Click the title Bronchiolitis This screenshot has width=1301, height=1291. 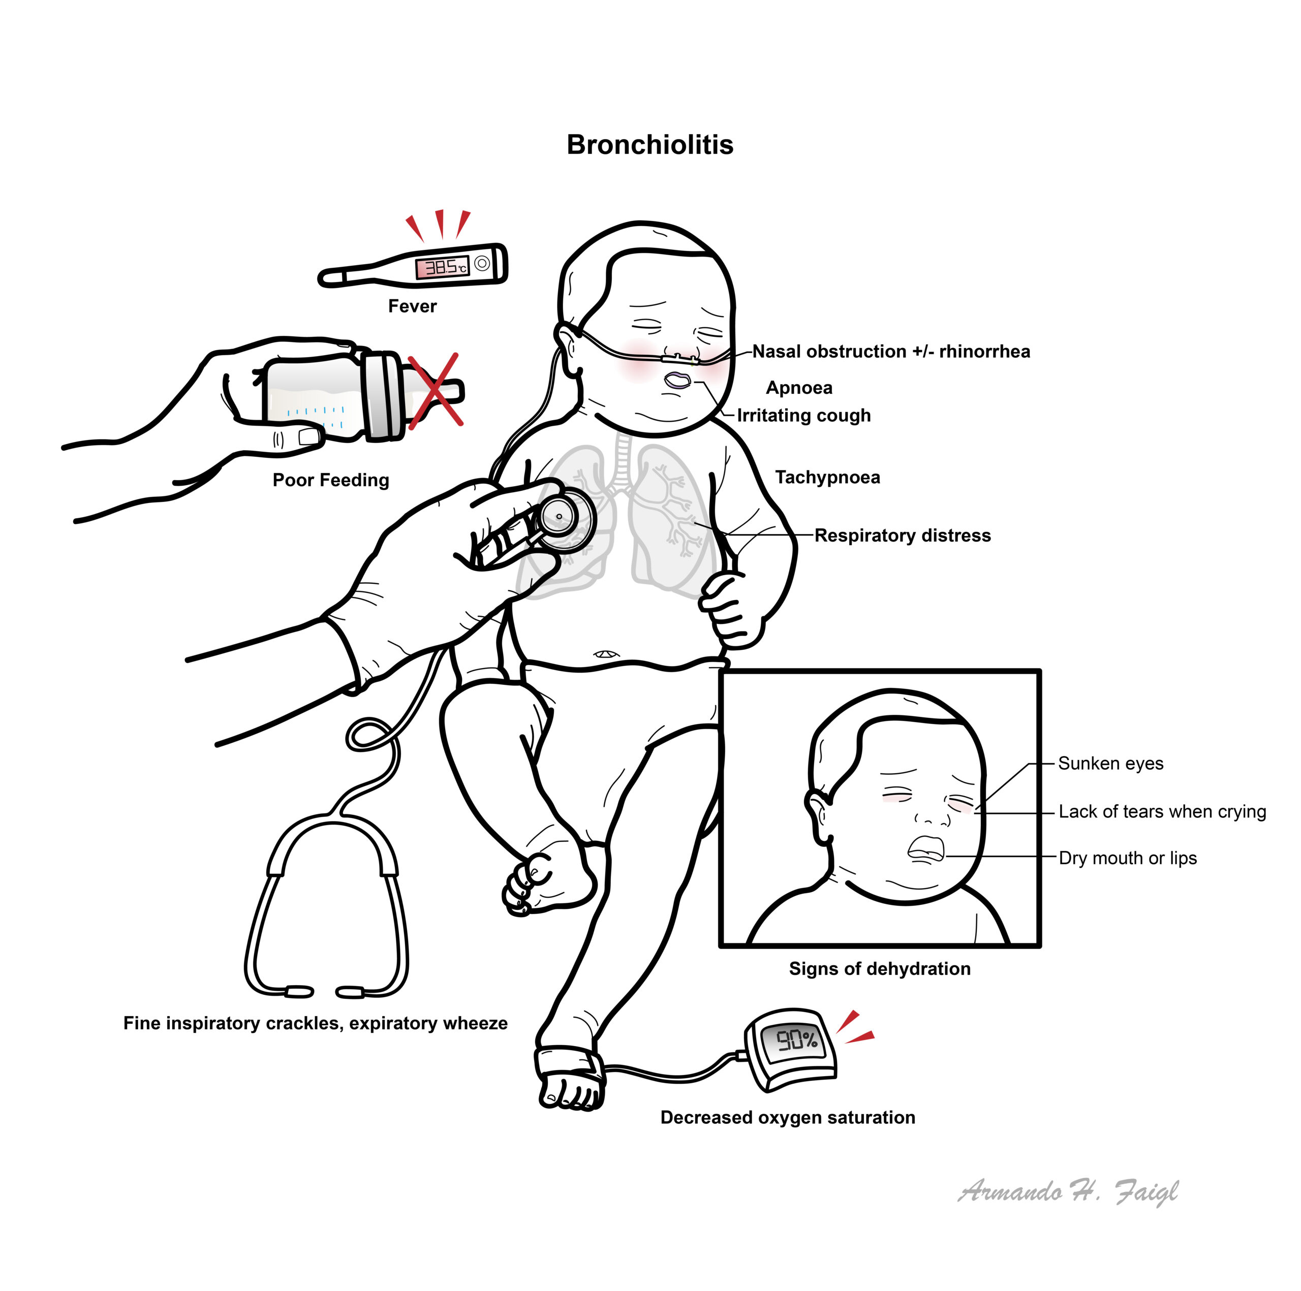tap(650, 145)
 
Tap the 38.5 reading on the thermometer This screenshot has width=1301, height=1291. tap(443, 268)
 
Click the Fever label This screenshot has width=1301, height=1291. tap(412, 306)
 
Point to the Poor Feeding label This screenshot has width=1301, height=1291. tap(331, 480)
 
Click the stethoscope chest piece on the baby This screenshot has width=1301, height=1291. tap(564, 519)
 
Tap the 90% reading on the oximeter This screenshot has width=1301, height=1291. tap(797, 1040)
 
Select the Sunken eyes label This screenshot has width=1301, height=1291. tap(1110, 763)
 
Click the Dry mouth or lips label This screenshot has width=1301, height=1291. tap(1128, 858)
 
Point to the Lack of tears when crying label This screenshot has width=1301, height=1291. tap(1162, 812)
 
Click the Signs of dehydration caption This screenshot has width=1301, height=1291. tap(880, 968)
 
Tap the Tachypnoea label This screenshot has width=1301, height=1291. tap(827, 477)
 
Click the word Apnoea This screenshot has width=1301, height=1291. tap(799, 388)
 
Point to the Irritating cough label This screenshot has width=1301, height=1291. tap(804, 415)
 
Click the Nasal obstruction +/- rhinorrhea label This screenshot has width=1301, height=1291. tap(891, 352)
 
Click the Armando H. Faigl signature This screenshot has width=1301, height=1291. tap(1068, 1192)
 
